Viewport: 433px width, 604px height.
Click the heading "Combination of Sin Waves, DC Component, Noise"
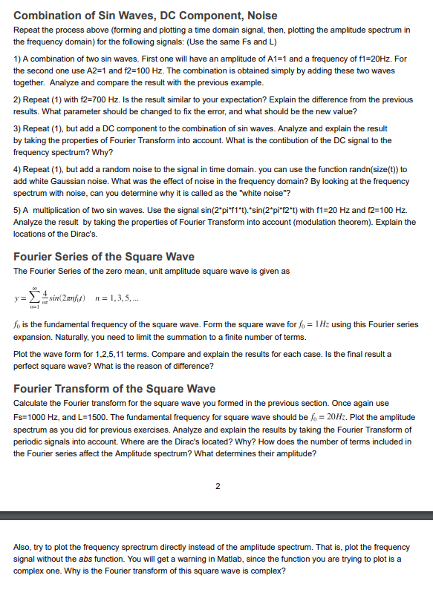pyautogui.click(x=146, y=15)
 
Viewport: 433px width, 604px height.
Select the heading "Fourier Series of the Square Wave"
pyautogui.click(x=104, y=257)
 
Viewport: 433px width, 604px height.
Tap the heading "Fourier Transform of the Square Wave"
pyautogui.click(x=114, y=389)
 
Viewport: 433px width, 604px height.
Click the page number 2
pyautogui.click(x=217, y=487)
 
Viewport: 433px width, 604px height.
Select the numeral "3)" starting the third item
pyautogui.click(x=18, y=128)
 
